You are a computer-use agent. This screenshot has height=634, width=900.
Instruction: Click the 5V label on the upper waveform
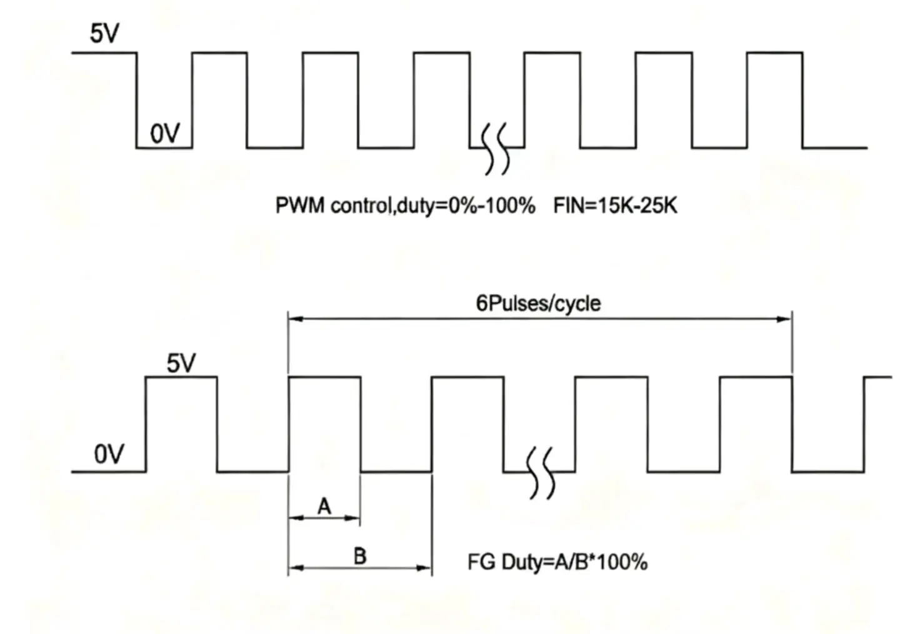tap(104, 34)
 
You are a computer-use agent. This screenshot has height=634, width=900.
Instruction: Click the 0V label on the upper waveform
tap(165, 133)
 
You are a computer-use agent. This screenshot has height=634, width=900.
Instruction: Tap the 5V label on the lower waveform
tap(181, 363)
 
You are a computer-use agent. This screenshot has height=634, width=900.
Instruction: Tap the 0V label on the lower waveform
tap(109, 455)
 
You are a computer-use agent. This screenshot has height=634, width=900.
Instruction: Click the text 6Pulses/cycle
tap(538, 304)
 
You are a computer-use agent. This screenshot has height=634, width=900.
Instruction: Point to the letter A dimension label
tap(324, 506)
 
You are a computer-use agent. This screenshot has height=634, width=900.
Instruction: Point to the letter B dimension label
tap(360, 556)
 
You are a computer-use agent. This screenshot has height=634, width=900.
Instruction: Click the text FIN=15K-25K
tap(615, 206)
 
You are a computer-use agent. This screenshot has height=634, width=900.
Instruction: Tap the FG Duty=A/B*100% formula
tap(557, 562)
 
